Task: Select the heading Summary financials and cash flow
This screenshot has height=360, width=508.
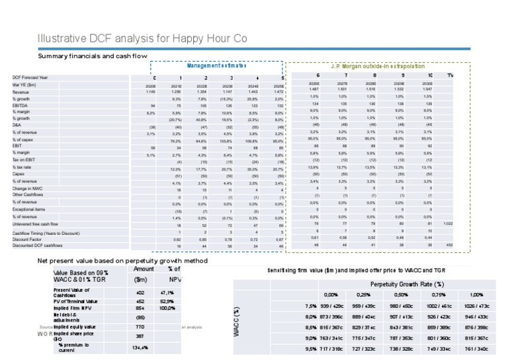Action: tap(93, 56)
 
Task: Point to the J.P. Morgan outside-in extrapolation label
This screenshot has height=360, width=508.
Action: tap(381, 66)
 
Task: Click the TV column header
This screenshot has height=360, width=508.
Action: tap(450, 77)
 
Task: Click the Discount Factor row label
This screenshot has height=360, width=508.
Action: tap(54, 239)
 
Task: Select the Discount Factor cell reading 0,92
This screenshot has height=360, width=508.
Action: tap(177, 239)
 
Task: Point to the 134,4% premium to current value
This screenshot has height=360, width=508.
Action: tap(140, 347)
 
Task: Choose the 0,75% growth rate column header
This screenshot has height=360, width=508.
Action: tap(439, 294)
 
